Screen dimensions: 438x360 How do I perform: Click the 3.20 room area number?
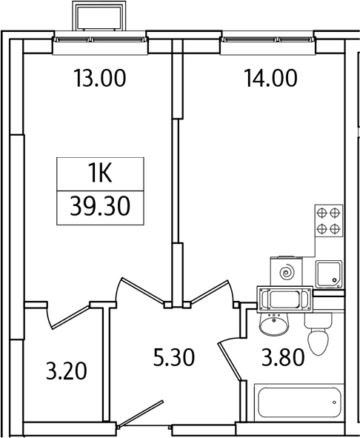coord(66,368)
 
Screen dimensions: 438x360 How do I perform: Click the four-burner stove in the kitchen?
coord(328,220)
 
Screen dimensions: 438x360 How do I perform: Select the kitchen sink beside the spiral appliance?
coord(329,274)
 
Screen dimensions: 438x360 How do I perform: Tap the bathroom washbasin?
coord(273,323)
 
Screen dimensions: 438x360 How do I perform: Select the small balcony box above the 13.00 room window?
coord(99,18)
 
